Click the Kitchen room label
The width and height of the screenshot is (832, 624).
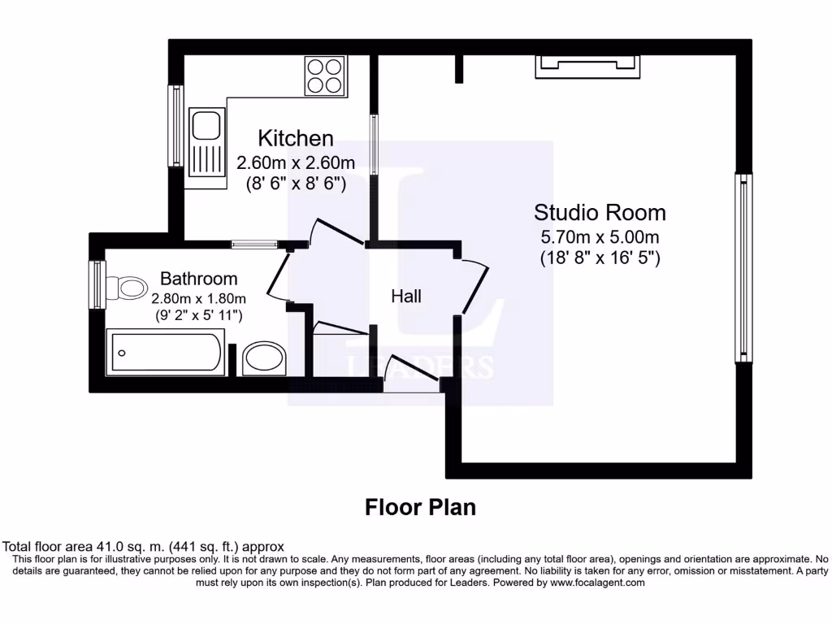click(x=295, y=138)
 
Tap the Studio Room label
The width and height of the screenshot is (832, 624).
click(x=600, y=213)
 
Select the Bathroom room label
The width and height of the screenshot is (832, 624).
click(x=198, y=279)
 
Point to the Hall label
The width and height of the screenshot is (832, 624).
click(x=406, y=297)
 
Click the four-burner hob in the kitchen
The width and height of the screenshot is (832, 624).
click(x=324, y=76)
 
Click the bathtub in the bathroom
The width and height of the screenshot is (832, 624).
click(x=166, y=353)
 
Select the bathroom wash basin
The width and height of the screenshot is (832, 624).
click(x=264, y=358)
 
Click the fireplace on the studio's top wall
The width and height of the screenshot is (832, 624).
click(x=585, y=67)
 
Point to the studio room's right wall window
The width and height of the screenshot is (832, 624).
click(x=743, y=267)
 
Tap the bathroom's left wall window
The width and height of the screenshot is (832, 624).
click(x=97, y=284)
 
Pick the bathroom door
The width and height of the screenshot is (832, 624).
click(x=277, y=277)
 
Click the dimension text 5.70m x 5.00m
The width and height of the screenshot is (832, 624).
click(x=600, y=238)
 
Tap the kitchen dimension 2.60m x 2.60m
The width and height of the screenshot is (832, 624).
click(x=296, y=163)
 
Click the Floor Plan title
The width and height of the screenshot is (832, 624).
click(x=420, y=507)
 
